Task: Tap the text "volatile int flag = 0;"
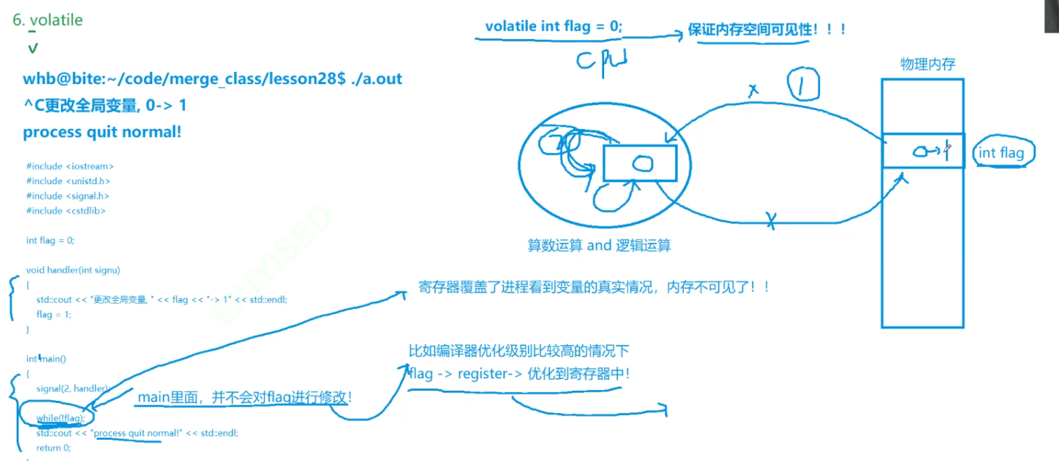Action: [x=553, y=26]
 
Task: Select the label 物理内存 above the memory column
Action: [x=927, y=65]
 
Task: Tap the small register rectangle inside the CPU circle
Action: [x=640, y=163]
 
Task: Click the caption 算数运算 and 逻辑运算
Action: [x=598, y=246]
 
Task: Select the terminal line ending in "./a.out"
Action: [x=212, y=79]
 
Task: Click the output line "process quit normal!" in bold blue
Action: [x=102, y=132]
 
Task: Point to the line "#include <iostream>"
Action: [x=70, y=166]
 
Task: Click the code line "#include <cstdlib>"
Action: [x=66, y=210]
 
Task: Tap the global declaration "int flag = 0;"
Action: [x=50, y=240]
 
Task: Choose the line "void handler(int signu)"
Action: [x=72, y=270]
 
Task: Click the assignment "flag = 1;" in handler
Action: [x=54, y=315]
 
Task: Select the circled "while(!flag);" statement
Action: [x=61, y=418]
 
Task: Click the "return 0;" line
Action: [x=54, y=447]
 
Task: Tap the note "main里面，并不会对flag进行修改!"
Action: [x=245, y=397]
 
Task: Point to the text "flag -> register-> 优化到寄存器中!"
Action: [x=519, y=374]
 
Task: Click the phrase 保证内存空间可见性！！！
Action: [x=767, y=30]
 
